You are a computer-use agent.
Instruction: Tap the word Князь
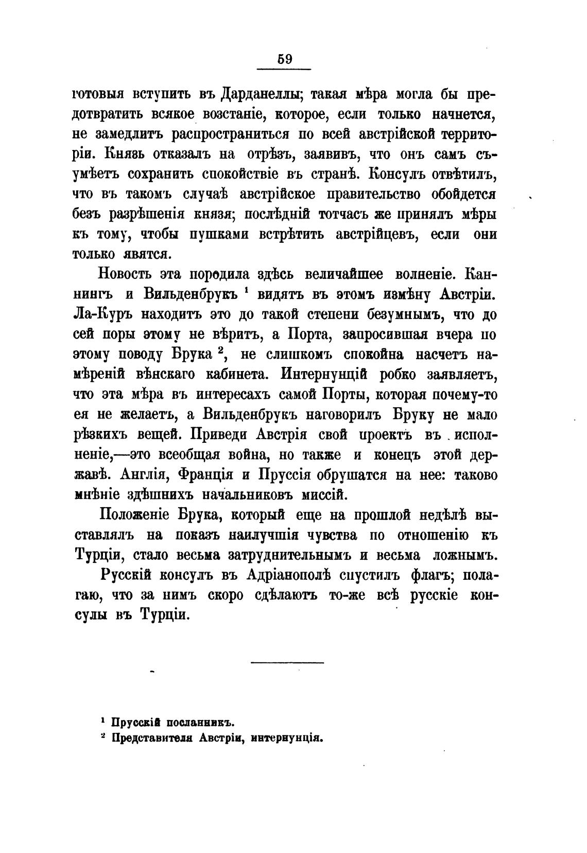pos(128,154)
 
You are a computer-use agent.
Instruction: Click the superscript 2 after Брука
pos(219,351)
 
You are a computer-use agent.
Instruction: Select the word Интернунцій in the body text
pos(324,374)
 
